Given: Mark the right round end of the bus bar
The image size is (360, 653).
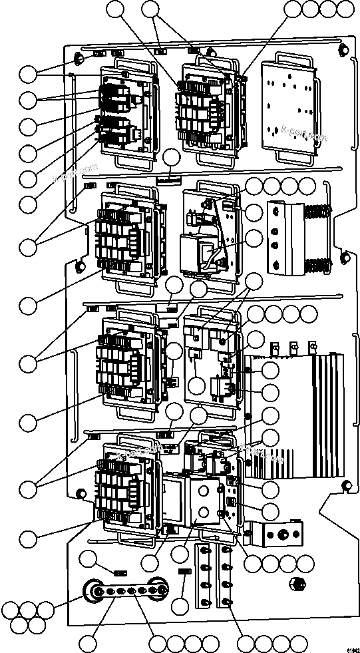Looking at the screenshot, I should click(158, 590).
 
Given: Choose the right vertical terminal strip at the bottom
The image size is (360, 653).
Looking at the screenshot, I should click(226, 576).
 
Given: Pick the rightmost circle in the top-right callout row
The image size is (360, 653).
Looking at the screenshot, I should click(346, 9).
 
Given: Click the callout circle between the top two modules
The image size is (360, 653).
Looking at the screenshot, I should click(172, 158).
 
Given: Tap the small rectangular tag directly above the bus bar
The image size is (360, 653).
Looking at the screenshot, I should click(120, 572).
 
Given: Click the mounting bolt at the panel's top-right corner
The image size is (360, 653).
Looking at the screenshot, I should click(341, 50).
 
